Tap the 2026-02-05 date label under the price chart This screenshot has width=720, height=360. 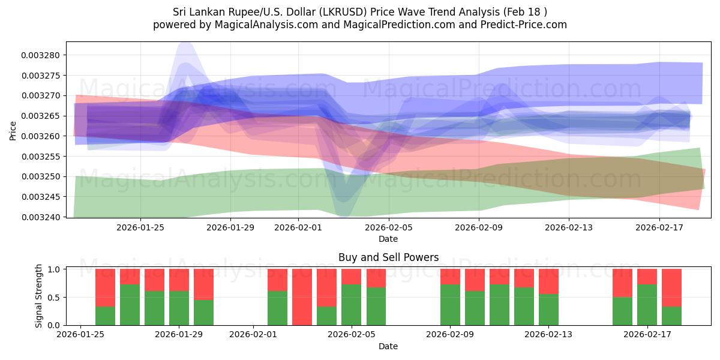[388, 227]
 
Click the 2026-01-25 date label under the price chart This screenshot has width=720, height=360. [140, 227]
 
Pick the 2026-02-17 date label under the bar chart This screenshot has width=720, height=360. [647, 335]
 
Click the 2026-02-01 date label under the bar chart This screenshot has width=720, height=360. [253, 335]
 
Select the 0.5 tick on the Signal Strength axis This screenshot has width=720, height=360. [53, 298]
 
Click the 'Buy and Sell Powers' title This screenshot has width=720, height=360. [388, 257]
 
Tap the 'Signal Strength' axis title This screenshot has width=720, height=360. [39, 295]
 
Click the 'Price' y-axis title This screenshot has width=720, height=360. [13, 130]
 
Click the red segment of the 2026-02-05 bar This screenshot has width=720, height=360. [351, 277]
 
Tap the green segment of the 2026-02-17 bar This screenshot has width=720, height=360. [647, 305]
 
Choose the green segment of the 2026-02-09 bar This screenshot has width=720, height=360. [450, 305]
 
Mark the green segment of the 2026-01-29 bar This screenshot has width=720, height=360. [179, 308]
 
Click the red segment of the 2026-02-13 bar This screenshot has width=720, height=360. [548, 281]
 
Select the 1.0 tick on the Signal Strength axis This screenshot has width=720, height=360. [53, 269]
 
